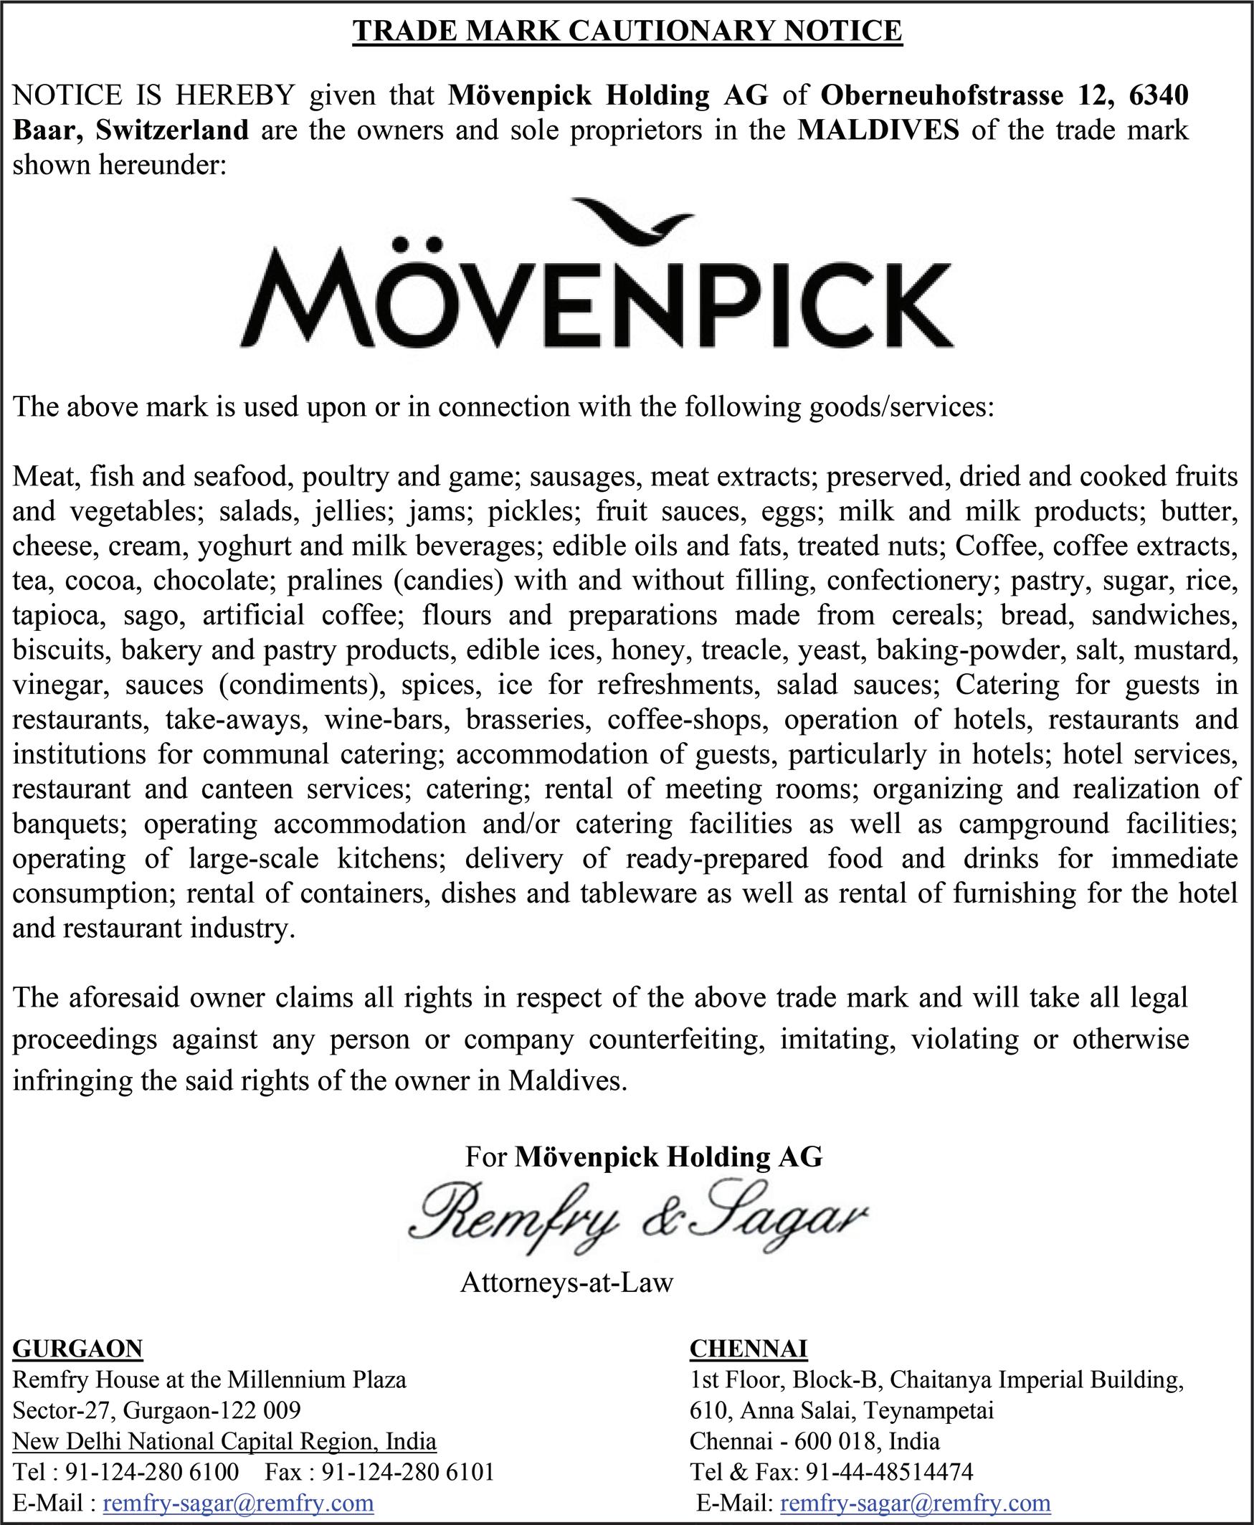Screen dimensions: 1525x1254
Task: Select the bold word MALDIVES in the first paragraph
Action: click(878, 130)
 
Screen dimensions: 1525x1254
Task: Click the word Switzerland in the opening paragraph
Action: click(172, 130)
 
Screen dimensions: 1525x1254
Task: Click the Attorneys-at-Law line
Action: click(566, 1282)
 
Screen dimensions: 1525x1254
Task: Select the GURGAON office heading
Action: click(78, 1349)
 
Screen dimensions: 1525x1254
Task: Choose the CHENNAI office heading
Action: click(749, 1349)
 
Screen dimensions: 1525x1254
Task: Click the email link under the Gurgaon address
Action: click(238, 1503)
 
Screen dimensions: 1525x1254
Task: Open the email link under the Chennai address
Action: click(915, 1503)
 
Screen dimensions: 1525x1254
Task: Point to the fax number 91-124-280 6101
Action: click(407, 1472)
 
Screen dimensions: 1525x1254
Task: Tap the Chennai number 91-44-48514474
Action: click(889, 1472)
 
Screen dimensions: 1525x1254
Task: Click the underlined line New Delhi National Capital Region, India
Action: click(224, 1441)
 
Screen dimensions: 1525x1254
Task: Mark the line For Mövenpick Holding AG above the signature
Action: click(644, 1156)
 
